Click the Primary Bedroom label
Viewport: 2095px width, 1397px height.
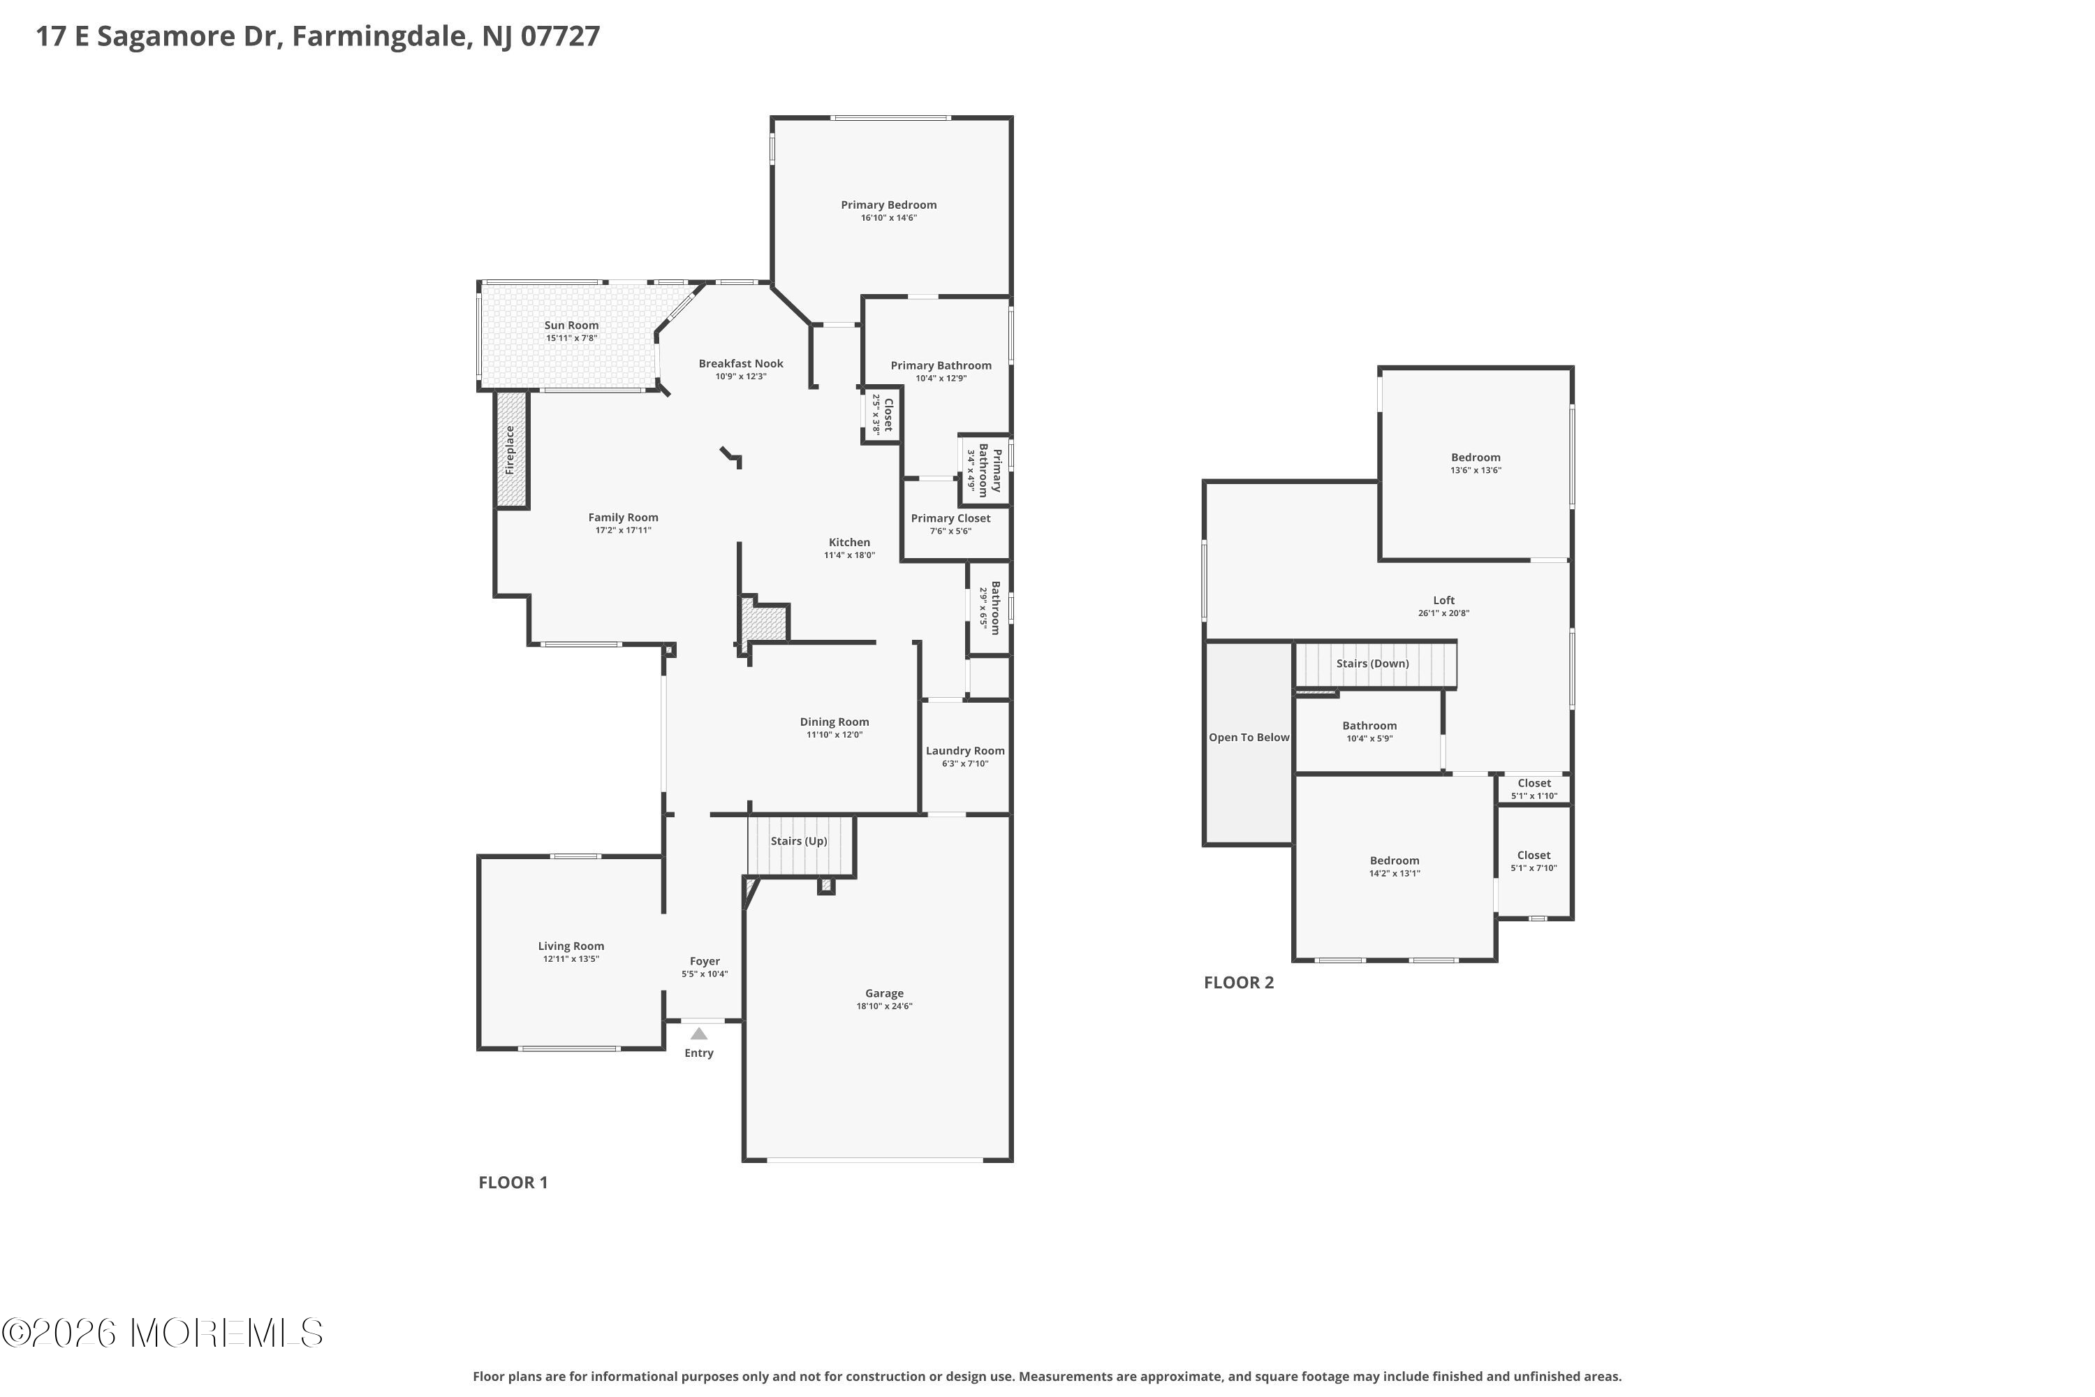click(888, 205)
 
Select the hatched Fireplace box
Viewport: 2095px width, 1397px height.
click(512, 450)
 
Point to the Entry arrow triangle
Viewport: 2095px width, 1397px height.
click(699, 1034)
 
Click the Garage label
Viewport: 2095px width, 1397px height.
click(885, 993)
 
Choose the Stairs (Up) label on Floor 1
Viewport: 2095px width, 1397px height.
click(799, 841)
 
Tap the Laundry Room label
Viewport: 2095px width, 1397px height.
click(964, 751)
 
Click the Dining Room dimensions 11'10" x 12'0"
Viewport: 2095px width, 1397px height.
click(835, 735)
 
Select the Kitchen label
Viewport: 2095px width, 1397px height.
click(849, 543)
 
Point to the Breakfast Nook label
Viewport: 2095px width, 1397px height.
click(741, 363)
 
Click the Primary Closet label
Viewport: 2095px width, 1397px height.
click(950, 518)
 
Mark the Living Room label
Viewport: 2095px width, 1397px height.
click(571, 946)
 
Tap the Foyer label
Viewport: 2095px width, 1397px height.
click(705, 961)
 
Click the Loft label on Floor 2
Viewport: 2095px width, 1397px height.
click(1444, 601)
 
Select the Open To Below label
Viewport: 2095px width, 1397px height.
click(1249, 738)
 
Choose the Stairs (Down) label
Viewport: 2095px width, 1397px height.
click(1373, 664)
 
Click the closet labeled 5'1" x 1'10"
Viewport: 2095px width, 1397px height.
click(1534, 789)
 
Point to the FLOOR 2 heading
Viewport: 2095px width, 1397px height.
click(1239, 983)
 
